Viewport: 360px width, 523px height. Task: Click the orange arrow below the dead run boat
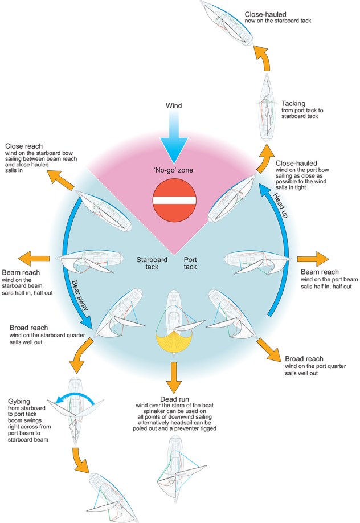coord(172,375)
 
